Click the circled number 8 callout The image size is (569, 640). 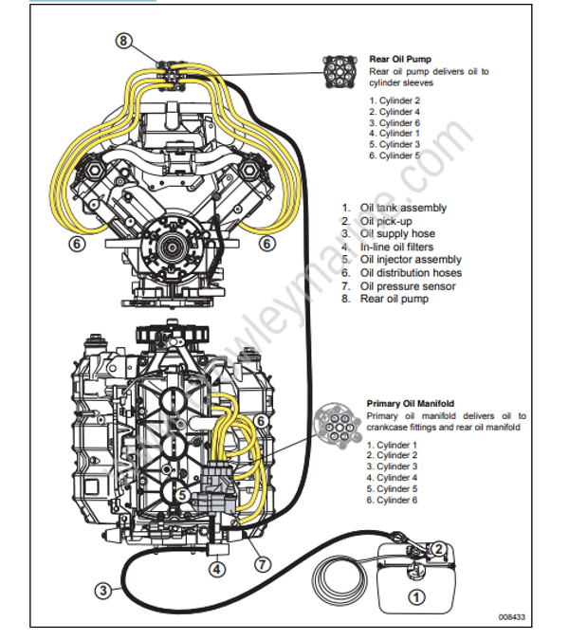coord(125,40)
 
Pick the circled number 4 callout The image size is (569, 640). coord(217,569)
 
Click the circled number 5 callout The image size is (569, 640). coord(184,495)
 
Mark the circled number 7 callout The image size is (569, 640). coord(263,564)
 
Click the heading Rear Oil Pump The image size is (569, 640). coord(400,58)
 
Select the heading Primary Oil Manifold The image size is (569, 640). coord(408,403)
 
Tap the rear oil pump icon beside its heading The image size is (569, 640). coord(340,69)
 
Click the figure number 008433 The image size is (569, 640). coord(512,617)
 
